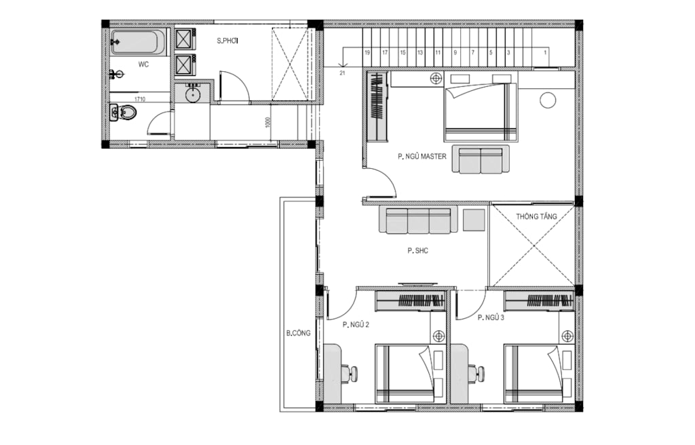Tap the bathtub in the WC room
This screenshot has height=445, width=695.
click(138, 42)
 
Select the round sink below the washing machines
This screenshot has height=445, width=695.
click(192, 94)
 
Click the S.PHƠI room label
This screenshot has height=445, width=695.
click(228, 41)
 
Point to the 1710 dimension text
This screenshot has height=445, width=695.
click(140, 99)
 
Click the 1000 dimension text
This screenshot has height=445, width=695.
click(267, 123)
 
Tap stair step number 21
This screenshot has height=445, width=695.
click(342, 73)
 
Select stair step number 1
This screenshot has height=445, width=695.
click(545, 52)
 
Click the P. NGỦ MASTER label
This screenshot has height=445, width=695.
click(422, 157)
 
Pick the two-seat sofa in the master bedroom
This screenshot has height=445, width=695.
click(481, 159)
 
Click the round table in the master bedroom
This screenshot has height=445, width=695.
click(548, 100)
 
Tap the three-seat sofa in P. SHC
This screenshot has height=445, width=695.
click(418, 220)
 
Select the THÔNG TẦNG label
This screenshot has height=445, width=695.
click(536, 217)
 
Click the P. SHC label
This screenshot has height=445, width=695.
click(418, 251)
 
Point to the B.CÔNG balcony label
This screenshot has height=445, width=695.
click(299, 333)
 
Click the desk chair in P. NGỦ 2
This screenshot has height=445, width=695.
click(350, 372)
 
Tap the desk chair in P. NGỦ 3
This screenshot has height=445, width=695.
click(477, 372)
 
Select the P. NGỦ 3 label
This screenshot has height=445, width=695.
click(491, 317)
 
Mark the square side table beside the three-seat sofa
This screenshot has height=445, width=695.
click(474, 220)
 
